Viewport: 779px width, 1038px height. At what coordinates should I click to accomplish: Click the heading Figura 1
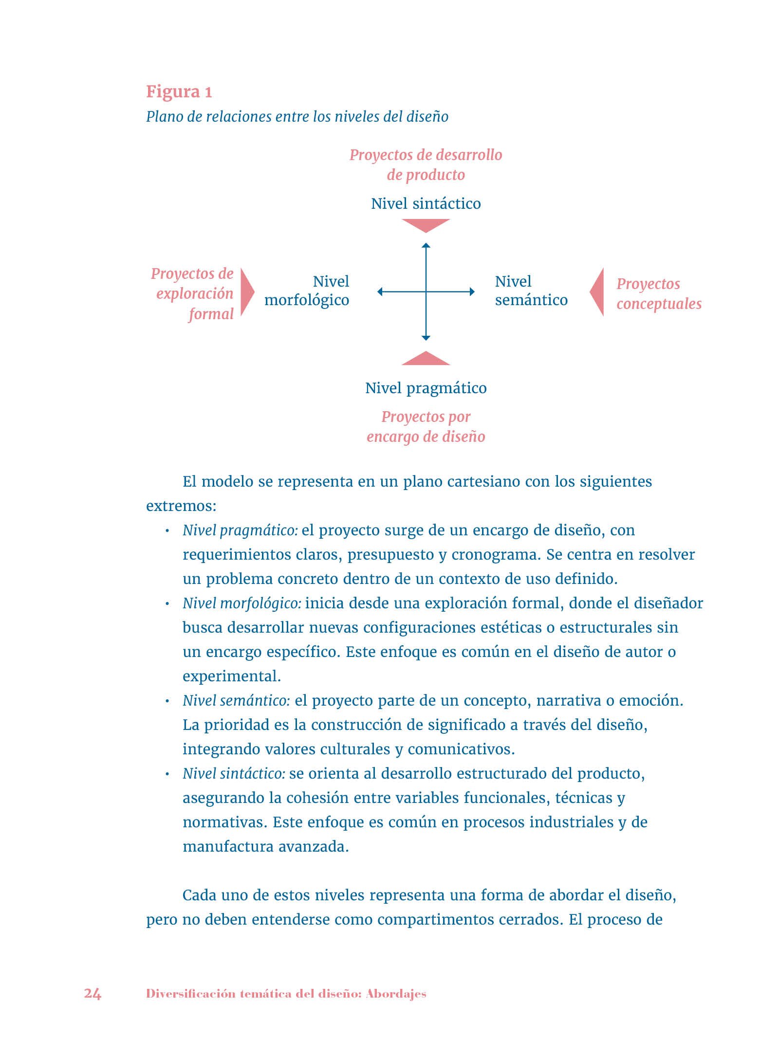179,92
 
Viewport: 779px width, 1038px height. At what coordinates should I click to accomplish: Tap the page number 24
93,993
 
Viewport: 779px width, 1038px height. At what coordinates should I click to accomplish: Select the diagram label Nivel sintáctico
426,203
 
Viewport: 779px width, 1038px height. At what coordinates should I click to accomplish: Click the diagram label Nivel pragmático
426,388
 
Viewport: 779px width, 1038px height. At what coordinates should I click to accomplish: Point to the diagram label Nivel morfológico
307,291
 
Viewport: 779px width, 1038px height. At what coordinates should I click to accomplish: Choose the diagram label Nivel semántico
531,291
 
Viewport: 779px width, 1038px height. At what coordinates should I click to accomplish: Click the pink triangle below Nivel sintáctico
426,225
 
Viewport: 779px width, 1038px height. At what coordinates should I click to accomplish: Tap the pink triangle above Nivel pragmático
426,359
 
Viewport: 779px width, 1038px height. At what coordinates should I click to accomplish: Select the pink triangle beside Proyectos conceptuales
598,292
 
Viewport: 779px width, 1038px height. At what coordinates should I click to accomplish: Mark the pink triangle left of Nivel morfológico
247,292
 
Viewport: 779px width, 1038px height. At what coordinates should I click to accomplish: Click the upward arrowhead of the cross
426,245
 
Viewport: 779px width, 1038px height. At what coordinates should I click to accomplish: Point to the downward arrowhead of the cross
426,338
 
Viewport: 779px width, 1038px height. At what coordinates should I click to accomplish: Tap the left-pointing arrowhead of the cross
380,291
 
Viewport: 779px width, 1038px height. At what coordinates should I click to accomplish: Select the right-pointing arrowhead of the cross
471,291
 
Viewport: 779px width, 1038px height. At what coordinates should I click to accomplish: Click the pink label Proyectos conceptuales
658,293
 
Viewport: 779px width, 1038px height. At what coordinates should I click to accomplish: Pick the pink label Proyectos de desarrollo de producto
426,164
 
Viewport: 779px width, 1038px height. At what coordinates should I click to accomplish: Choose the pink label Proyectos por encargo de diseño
426,426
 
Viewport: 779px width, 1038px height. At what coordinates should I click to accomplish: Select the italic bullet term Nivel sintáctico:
234,773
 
